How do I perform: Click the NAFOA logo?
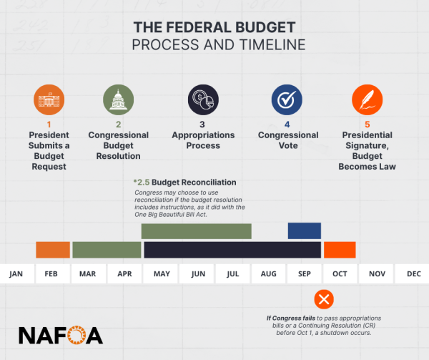click(60, 335)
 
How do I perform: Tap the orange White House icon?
click(48, 99)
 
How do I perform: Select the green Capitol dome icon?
click(117, 99)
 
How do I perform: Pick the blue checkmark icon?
click(287, 99)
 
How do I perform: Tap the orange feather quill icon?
click(368, 99)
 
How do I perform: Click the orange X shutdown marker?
click(324, 298)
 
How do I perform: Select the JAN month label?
click(16, 273)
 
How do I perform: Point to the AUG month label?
click(269, 273)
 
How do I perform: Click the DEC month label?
click(413, 273)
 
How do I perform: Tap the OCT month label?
click(340, 273)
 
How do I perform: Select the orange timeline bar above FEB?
click(53, 250)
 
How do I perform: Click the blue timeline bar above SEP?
click(304, 230)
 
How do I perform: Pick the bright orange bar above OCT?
click(340, 250)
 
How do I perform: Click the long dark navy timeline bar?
click(232, 250)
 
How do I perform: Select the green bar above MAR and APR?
click(107, 250)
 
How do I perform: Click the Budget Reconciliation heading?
click(185, 183)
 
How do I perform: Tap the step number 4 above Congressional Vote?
click(287, 125)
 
